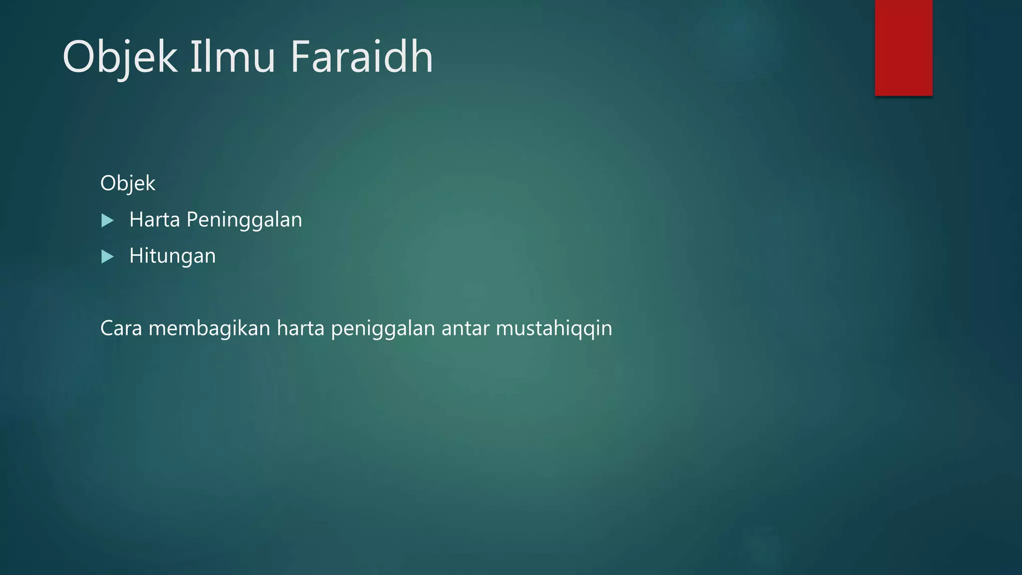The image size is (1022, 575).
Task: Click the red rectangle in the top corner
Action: (x=903, y=47)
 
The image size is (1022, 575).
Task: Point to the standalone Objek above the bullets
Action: (x=128, y=184)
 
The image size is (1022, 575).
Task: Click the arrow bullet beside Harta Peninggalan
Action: (x=107, y=221)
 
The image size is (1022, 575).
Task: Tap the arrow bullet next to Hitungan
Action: (x=107, y=257)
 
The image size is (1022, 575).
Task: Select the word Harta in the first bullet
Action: (x=154, y=220)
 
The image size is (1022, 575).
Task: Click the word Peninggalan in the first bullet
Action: (x=244, y=220)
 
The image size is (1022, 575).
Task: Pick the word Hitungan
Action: (x=172, y=256)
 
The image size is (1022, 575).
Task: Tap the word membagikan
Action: (x=209, y=328)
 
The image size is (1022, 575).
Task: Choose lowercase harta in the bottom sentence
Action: (x=300, y=328)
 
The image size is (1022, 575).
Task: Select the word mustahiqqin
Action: (x=554, y=328)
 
